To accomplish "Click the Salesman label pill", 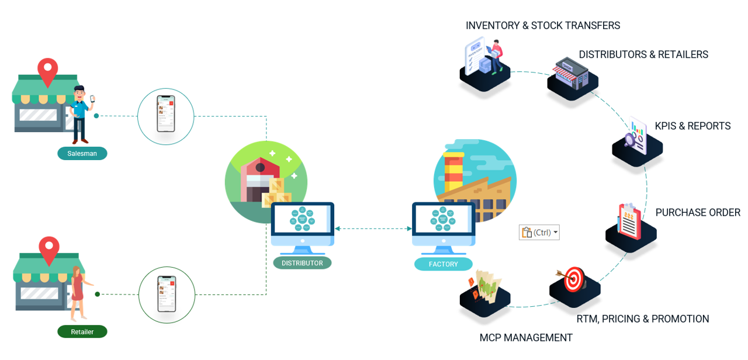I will tap(82, 153).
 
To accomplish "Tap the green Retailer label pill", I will tap(82, 331).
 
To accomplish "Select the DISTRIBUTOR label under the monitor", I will tap(302, 263).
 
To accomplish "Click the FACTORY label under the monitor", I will tap(443, 264).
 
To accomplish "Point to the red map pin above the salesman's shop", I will tap(47, 71).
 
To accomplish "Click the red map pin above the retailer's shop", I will tap(49, 249).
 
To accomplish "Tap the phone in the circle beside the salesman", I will tap(165, 114).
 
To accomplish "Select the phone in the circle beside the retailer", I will tap(167, 293).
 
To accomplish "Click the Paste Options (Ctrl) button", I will tap(539, 232).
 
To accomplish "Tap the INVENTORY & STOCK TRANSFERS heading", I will tap(542, 26).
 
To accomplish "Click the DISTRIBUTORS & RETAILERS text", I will tap(643, 54).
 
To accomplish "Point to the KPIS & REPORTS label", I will tap(692, 126).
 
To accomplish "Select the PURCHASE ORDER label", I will tap(698, 212).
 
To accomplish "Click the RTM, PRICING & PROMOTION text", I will tap(642, 319).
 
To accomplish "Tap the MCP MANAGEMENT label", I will tap(526, 337).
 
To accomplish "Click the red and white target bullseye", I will tap(574, 279).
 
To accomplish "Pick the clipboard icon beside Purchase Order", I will tap(629, 221).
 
